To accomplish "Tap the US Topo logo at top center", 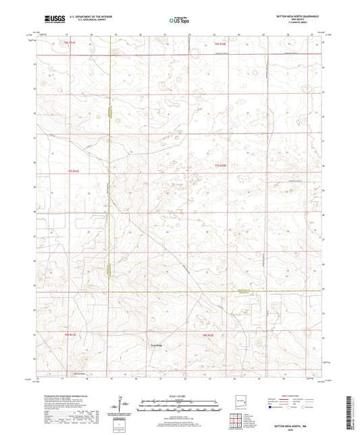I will pos(180,21).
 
